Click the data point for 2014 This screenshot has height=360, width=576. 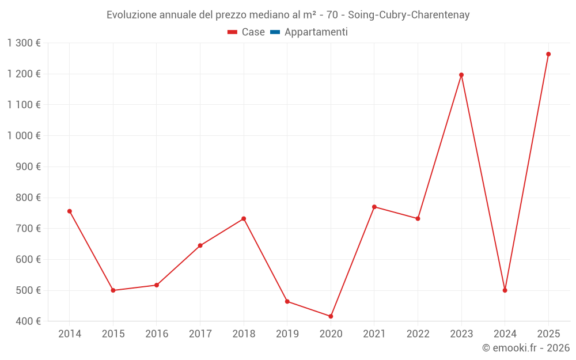pyautogui.click(x=70, y=211)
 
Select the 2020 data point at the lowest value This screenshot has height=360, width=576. pyautogui.click(x=331, y=316)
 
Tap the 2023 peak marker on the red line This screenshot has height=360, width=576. pyautogui.click(x=461, y=75)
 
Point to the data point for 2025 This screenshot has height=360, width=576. pyautogui.click(x=548, y=54)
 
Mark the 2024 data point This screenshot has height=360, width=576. pyautogui.click(x=505, y=290)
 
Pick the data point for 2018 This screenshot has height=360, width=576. pyautogui.click(x=244, y=219)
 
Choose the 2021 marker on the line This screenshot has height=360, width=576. pyautogui.click(x=374, y=207)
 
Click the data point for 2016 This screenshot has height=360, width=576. pyautogui.click(x=157, y=285)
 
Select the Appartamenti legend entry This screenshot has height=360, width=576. pyautogui.click(x=316, y=32)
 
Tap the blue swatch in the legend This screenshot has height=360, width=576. pyautogui.click(x=275, y=32)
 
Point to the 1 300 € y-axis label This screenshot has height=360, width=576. pyautogui.click(x=24, y=43)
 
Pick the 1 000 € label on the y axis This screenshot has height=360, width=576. pyautogui.click(x=24, y=136)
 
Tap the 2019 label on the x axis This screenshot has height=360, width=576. pyautogui.click(x=287, y=334)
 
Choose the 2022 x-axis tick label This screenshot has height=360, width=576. pyautogui.click(x=418, y=334)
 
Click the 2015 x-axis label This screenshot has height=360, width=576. pyautogui.click(x=113, y=334)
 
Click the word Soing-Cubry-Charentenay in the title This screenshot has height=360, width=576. pyautogui.click(x=409, y=15)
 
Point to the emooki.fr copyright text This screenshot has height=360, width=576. pyautogui.click(x=526, y=348)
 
